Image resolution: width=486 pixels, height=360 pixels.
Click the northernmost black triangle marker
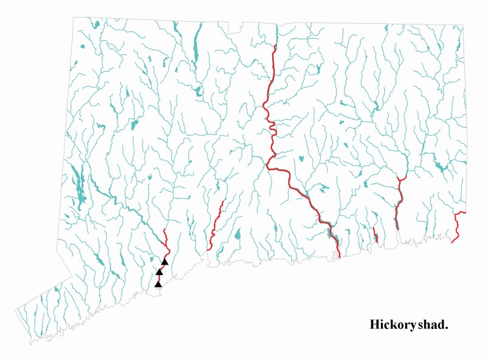click(x=164, y=262)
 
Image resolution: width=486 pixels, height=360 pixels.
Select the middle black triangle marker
click(x=159, y=272)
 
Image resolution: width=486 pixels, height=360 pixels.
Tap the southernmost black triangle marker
click(x=158, y=284)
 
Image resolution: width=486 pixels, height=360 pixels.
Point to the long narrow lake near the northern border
click(x=196, y=46)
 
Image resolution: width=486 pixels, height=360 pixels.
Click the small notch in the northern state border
click(x=241, y=27)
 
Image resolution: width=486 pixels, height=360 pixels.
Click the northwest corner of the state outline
click(x=75, y=17)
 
